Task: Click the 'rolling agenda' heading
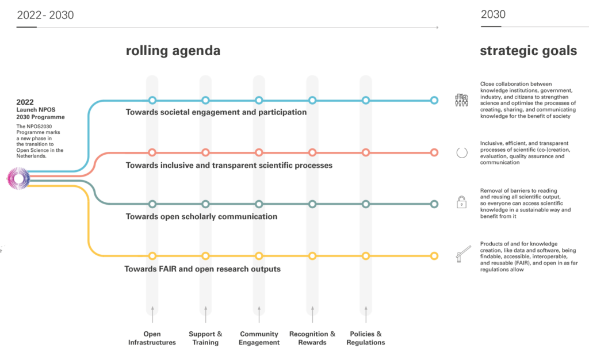(x=173, y=51)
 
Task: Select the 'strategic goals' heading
(x=528, y=51)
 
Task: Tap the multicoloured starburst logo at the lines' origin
(x=18, y=179)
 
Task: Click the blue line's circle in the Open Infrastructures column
(x=152, y=100)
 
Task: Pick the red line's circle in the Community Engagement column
(x=259, y=152)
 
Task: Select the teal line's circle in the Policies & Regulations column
(x=366, y=204)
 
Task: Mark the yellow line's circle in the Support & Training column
(x=205, y=256)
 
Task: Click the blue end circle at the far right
(x=434, y=100)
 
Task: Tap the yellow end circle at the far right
(x=434, y=256)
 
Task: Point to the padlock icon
(x=462, y=202)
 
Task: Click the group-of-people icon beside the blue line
(x=462, y=100)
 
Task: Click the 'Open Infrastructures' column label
(x=152, y=338)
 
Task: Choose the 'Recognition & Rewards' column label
(x=312, y=338)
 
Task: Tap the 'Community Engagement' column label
(x=259, y=338)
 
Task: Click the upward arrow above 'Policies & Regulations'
(x=366, y=314)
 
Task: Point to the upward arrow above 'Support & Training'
(x=205, y=314)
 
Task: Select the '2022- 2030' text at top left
(x=45, y=15)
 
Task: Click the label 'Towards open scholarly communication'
(x=201, y=217)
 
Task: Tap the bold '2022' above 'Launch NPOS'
(x=25, y=102)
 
